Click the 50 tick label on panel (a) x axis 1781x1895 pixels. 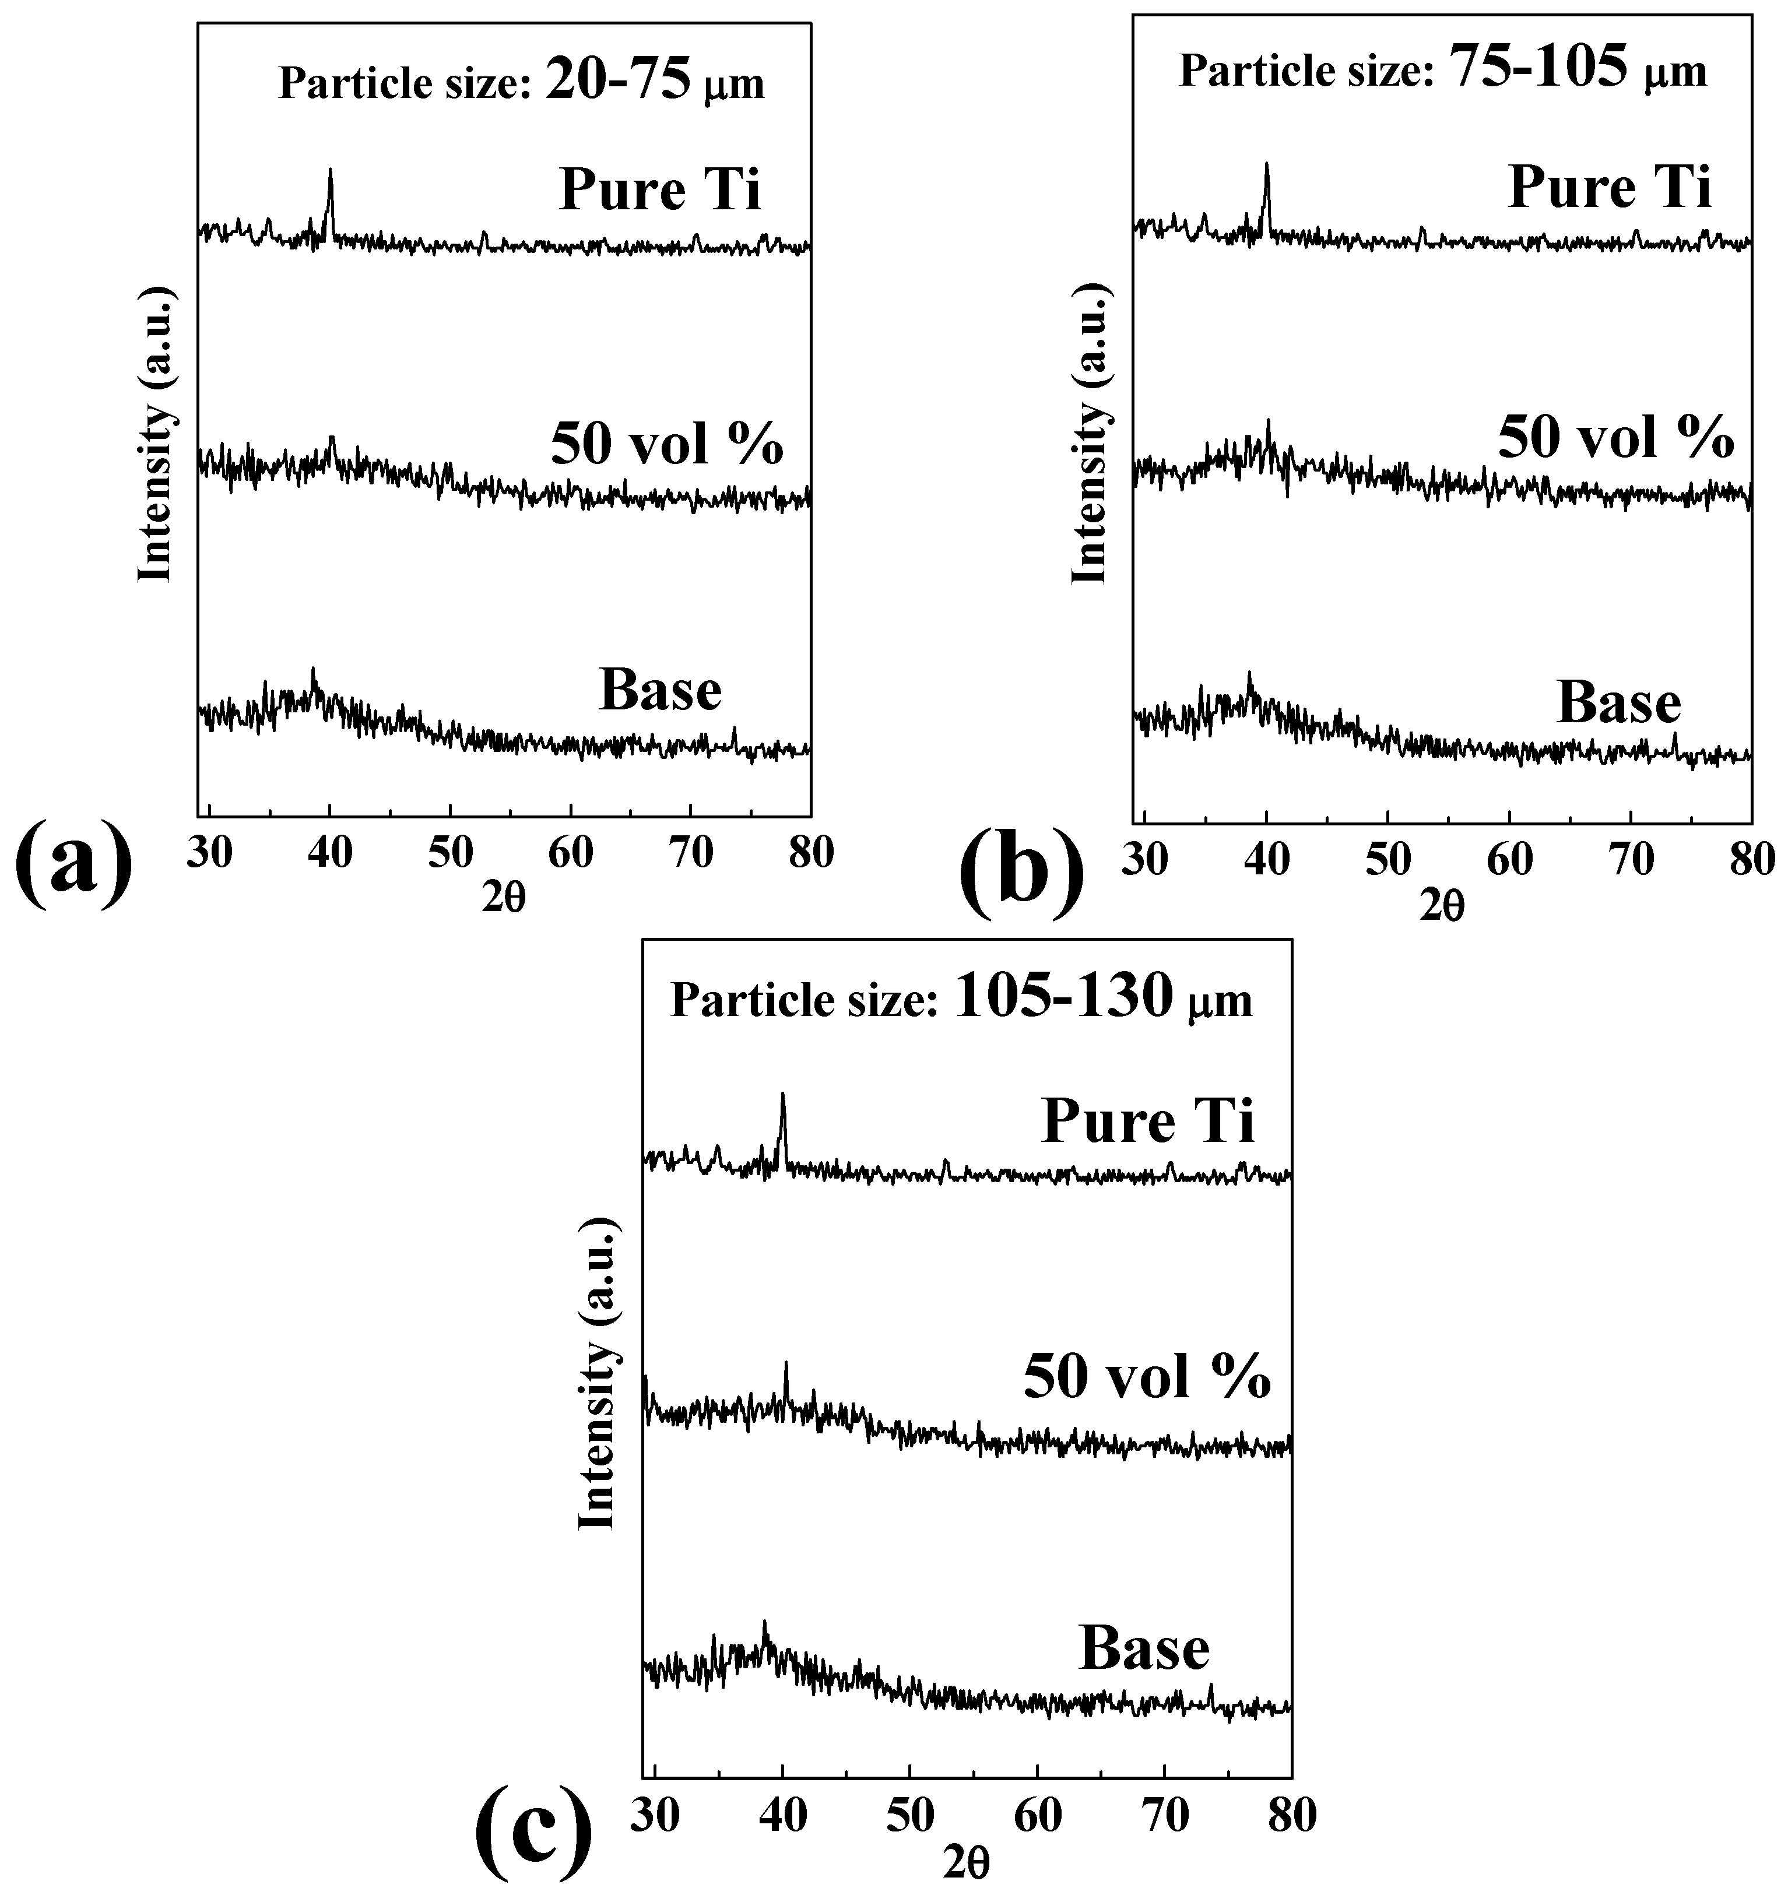450,853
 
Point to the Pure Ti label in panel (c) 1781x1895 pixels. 1148,1120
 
